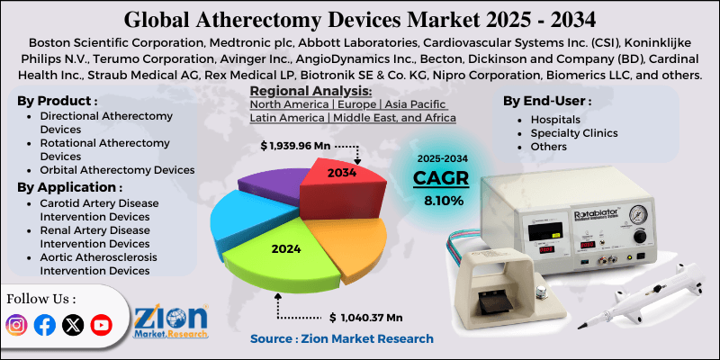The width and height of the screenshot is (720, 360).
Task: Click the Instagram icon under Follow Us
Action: tap(17, 325)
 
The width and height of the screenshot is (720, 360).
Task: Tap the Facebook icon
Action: tap(44, 325)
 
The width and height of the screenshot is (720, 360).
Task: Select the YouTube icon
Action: tap(101, 325)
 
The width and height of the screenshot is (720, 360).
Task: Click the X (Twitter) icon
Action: tap(73, 325)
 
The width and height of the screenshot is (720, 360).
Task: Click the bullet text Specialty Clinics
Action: tap(572, 133)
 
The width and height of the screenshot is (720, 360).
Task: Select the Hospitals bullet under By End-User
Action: tap(555, 119)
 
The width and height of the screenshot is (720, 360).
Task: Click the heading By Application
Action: tap(69, 187)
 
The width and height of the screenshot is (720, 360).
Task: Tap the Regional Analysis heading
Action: tap(310, 91)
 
